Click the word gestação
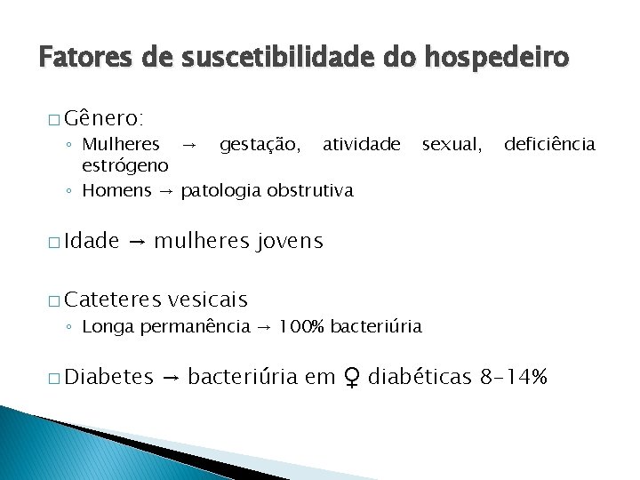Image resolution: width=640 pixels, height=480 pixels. tap(260, 144)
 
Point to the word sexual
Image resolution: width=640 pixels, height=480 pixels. tap(452, 144)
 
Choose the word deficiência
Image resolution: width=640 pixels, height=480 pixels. tap(550, 144)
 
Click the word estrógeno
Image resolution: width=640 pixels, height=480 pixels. tap(125, 166)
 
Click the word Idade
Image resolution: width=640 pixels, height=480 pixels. tap(92, 241)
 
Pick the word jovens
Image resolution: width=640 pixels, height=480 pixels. tap(290, 241)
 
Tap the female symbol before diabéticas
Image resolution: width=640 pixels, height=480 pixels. tap(352, 378)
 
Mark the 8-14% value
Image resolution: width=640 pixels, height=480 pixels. tap(514, 378)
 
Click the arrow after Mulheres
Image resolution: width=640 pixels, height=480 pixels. tap(188, 144)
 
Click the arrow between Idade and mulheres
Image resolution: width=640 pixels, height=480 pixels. tap(137, 241)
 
